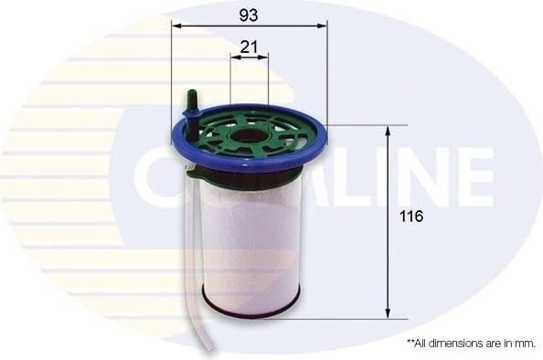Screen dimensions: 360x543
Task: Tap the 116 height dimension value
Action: (x=413, y=218)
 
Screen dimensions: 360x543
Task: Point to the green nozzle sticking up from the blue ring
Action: (x=193, y=105)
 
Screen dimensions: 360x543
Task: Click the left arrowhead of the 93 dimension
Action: (x=176, y=26)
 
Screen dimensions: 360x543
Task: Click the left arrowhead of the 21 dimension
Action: (x=234, y=57)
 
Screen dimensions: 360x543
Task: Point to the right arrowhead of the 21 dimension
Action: (x=264, y=57)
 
